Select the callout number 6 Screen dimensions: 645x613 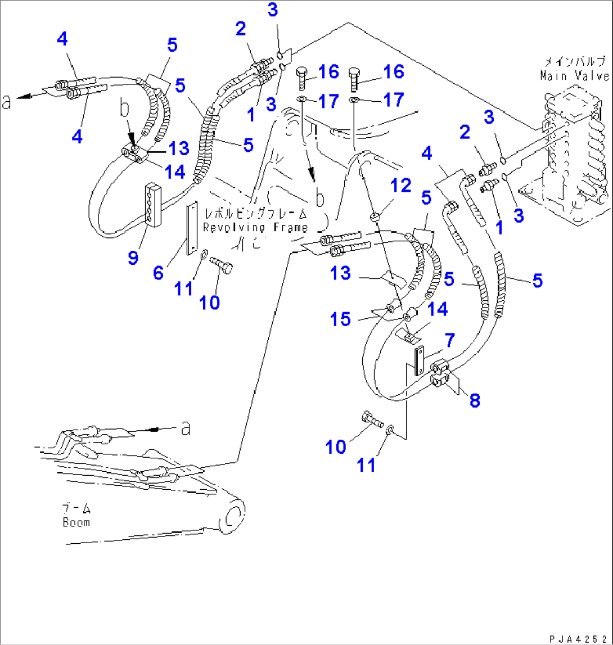tap(158, 273)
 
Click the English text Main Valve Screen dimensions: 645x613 tap(574, 75)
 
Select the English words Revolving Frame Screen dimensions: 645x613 tap(256, 228)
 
